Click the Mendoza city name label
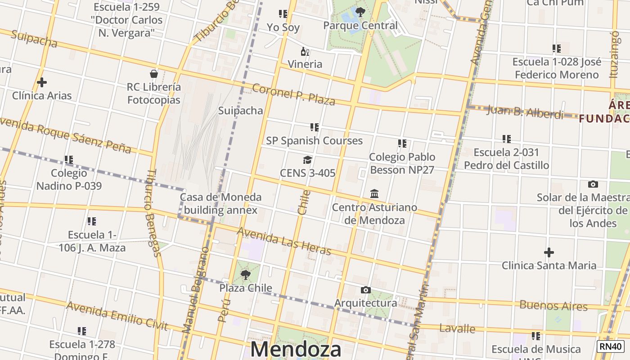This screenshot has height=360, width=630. (296, 350)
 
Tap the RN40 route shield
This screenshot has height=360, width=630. (611, 346)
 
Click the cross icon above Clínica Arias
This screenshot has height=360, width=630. (42, 82)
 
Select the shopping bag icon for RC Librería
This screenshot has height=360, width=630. (154, 74)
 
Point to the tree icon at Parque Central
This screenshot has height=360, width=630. (360, 12)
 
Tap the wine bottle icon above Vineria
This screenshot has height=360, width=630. (305, 51)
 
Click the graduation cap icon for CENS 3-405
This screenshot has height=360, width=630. (308, 160)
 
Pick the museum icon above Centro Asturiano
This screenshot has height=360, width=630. (374, 194)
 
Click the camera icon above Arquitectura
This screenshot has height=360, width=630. (366, 290)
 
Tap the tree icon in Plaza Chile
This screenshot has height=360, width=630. (246, 274)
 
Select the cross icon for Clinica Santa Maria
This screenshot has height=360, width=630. (549, 252)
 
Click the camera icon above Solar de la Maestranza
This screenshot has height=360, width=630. (593, 184)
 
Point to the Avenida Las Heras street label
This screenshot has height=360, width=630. (284, 241)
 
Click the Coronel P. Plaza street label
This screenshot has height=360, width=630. (293, 94)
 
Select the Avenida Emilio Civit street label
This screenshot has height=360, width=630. (117, 316)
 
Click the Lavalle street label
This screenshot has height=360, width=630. (457, 328)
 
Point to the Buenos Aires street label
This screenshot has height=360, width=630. (553, 306)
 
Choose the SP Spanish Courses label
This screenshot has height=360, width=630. (314, 140)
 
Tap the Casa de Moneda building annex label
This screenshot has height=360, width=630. (220, 203)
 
